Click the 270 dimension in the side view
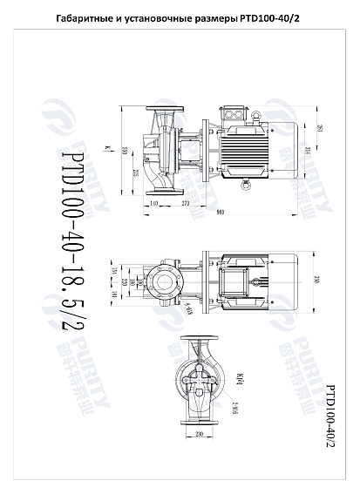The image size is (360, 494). pos(186,202)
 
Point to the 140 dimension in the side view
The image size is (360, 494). pos(154,202)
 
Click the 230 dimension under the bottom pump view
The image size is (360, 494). pos(199,433)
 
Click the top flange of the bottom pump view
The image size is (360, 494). pos(199,340)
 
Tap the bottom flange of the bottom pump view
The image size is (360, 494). pos(199,422)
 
